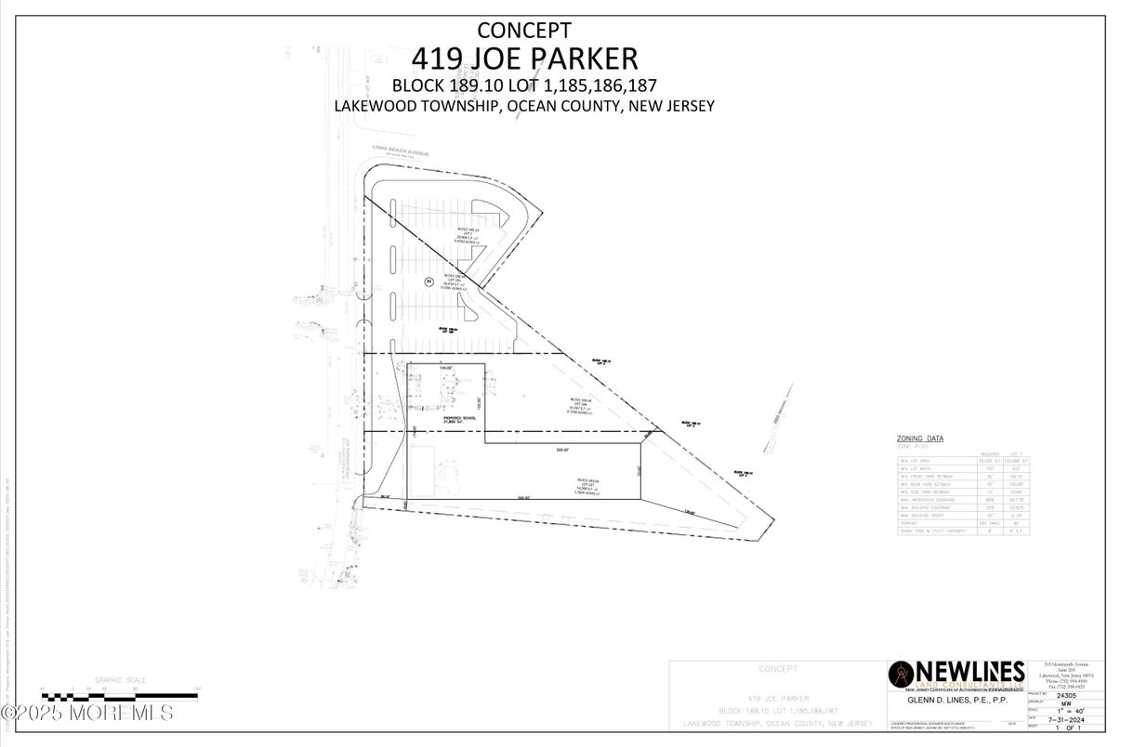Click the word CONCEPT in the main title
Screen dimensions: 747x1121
pos(524,31)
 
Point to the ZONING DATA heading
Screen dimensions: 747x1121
pos(919,438)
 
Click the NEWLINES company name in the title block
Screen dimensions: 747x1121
pos(971,671)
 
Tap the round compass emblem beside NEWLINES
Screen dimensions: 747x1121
pos(901,674)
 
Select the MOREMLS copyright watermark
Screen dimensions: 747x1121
pos(87,713)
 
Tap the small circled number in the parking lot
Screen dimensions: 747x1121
pos(429,282)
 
